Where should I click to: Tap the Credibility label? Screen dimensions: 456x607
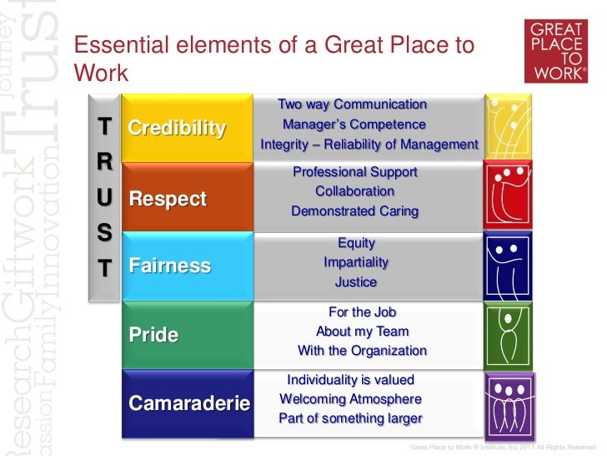(x=177, y=128)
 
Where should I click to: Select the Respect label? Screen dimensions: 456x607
(x=168, y=199)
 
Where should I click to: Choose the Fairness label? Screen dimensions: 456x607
(x=170, y=266)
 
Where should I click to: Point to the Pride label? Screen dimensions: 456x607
(x=154, y=335)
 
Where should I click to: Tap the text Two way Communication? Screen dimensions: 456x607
(x=352, y=104)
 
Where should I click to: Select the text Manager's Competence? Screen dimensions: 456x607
(x=354, y=124)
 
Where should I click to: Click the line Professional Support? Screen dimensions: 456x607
(x=355, y=172)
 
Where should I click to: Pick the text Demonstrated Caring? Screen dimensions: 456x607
(x=355, y=211)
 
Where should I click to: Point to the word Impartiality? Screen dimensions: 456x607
(x=356, y=262)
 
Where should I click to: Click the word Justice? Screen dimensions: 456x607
(x=356, y=282)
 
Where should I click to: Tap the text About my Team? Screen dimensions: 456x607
(x=362, y=331)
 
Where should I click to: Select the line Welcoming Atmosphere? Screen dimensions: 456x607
(x=350, y=398)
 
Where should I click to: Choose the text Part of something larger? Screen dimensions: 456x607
(x=350, y=418)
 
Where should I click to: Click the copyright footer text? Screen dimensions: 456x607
(x=504, y=447)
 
